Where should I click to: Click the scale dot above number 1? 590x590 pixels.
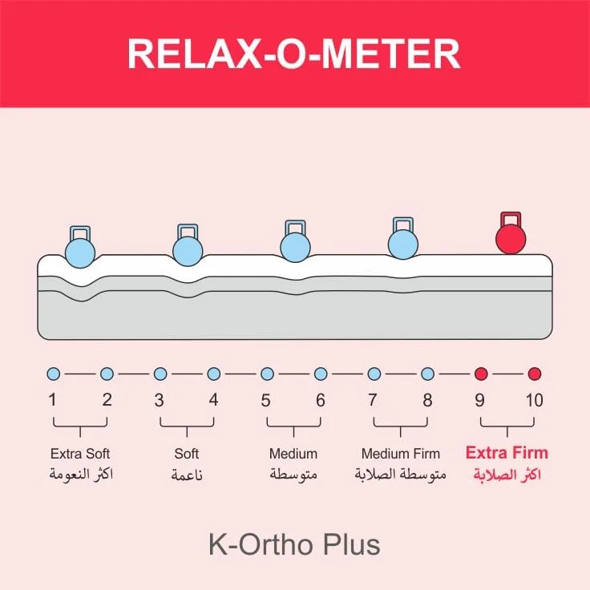pos(54,374)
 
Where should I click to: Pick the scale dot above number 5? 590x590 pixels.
pos(267,374)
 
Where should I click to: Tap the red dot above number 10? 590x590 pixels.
pos(535,374)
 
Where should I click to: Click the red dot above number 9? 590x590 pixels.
pos(481,374)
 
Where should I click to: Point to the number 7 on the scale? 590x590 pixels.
pos(373,400)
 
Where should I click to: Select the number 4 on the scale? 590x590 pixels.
pos(213,400)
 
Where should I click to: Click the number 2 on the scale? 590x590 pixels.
pos(107,400)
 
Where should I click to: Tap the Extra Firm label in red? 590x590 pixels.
pos(507,453)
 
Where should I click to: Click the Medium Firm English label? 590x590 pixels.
pos(400,454)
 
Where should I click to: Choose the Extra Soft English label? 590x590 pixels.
pos(80,454)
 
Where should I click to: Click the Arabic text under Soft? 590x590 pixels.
pos(187,475)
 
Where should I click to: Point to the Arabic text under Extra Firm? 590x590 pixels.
pos(507,475)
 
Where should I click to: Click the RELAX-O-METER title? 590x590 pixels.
pos(294,54)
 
